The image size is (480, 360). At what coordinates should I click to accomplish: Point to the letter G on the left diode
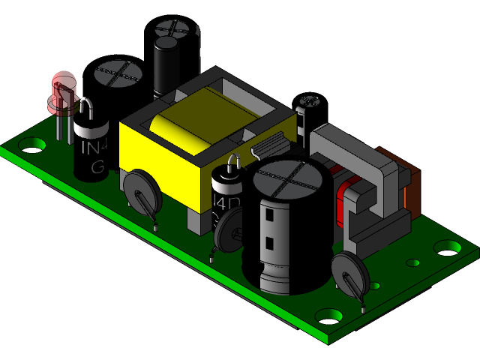(97, 167)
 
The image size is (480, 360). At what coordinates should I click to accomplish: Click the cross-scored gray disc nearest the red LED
(118, 73)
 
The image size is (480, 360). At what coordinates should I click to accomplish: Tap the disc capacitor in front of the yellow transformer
(141, 188)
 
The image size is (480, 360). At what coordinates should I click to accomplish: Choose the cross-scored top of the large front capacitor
(288, 180)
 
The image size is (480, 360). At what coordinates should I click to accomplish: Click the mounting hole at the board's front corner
(328, 316)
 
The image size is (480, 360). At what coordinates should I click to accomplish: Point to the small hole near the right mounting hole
(412, 263)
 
